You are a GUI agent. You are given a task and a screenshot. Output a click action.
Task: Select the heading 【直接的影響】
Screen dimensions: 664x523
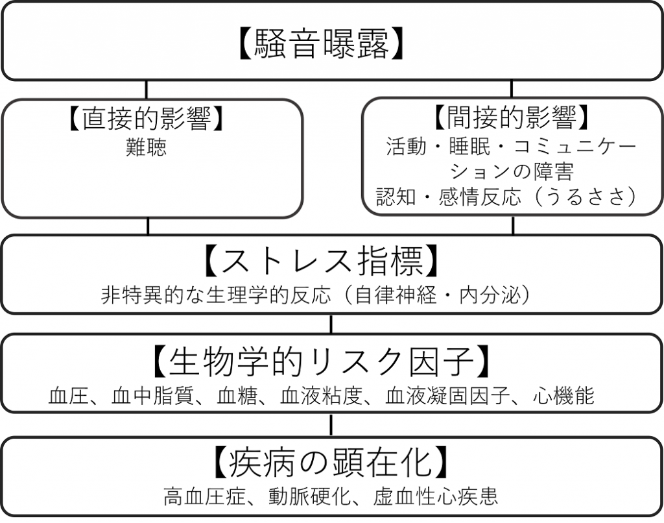pos(146,118)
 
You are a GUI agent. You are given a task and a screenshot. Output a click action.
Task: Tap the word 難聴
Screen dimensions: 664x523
pos(146,147)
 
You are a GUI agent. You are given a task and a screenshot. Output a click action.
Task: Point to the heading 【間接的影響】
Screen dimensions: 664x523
pos(512,117)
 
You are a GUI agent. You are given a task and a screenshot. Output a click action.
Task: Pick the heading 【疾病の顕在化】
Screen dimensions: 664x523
pos(331,462)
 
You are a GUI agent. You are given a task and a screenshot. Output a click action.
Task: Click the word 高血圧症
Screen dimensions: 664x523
pos(205,496)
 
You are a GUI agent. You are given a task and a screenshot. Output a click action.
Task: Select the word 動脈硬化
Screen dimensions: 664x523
pos(310,496)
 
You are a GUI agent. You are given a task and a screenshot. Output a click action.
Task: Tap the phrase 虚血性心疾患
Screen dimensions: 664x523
pos(435,496)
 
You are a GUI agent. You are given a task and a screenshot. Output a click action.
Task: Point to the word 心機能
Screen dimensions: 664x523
pos(564,396)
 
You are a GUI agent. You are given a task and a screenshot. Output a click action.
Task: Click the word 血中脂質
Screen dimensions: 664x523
pos(153,396)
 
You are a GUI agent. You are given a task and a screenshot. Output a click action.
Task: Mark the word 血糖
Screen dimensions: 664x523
pos(237,396)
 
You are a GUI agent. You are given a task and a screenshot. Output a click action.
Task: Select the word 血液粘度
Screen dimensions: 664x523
pos(322,396)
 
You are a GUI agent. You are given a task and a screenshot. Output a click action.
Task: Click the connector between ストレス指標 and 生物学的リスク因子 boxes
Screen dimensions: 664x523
pos(331,324)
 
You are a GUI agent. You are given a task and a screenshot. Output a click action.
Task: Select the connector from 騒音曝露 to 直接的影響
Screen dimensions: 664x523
pos(146,90)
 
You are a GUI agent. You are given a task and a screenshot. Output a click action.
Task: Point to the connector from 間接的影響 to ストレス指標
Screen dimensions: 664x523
pos(513,225)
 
